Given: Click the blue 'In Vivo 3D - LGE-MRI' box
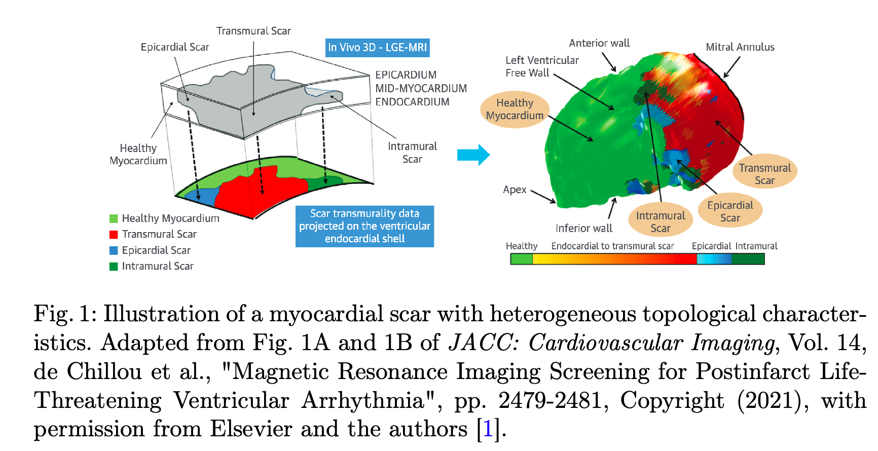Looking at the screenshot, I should (378, 48).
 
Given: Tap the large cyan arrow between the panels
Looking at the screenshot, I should (473, 155).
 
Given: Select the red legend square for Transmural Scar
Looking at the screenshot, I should (114, 234).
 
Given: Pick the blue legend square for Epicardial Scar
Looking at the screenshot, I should (114, 250).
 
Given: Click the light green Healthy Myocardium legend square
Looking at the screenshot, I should (114, 218).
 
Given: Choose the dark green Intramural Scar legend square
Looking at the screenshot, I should (114, 266).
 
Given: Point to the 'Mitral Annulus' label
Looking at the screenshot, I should (740, 47).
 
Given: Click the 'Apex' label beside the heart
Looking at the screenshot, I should (515, 190).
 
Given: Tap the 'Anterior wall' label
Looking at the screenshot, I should (599, 43).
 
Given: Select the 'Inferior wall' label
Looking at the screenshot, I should (583, 229).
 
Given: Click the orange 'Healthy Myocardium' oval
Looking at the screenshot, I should (515, 109).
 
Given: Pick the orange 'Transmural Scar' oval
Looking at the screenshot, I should (764, 174).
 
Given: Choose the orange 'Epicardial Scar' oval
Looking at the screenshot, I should (730, 211).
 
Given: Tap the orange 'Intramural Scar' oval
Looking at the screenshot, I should (660, 222).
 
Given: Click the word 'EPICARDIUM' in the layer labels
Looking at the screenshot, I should (406, 75).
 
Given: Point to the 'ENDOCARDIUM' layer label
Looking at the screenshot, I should (412, 102).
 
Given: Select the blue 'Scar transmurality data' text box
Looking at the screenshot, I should (364, 226).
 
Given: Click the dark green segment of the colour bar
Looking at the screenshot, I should (748, 259).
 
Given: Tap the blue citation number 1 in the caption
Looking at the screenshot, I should (488, 429).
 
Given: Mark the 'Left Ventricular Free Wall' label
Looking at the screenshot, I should (541, 66).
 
